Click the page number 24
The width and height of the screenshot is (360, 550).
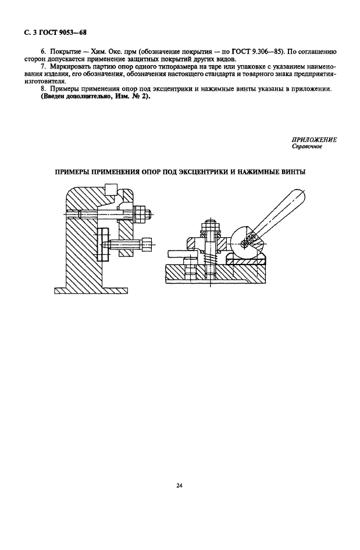click(x=179, y=485)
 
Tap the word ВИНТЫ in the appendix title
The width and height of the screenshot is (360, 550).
click(x=293, y=172)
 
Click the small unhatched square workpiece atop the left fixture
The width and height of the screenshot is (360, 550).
click(x=112, y=189)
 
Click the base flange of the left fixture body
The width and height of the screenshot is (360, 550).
click(x=91, y=291)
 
